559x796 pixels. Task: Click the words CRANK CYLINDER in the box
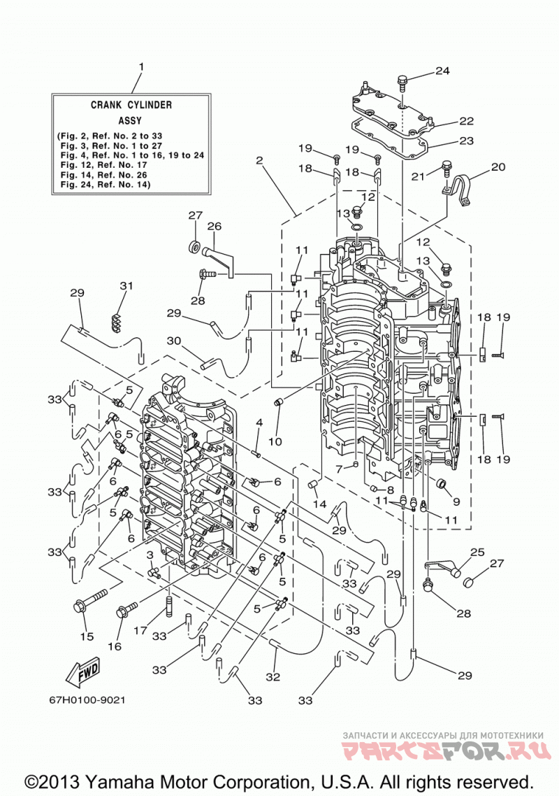[x=131, y=105]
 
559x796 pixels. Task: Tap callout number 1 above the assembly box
[x=142, y=67]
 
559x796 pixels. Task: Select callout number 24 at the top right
[x=442, y=71]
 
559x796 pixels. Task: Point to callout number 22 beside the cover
[x=466, y=121]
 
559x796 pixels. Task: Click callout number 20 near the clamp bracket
[x=498, y=166]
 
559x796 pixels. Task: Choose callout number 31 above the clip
[x=126, y=286]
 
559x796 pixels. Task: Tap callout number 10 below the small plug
[x=275, y=441]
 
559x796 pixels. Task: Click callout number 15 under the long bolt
[x=87, y=636]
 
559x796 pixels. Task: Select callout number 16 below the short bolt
[x=115, y=646]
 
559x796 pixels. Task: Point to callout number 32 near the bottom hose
[x=273, y=677]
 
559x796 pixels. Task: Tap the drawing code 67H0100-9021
[x=87, y=699]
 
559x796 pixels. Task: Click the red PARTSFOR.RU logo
[x=447, y=750]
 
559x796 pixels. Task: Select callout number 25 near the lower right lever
[x=477, y=552]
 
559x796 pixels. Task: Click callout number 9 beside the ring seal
[x=456, y=502]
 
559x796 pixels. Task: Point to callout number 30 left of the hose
[x=174, y=341]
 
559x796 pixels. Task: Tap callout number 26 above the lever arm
[x=215, y=226]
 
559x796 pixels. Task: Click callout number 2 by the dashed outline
[x=259, y=160]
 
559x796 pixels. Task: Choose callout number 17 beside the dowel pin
[x=140, y=630]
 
